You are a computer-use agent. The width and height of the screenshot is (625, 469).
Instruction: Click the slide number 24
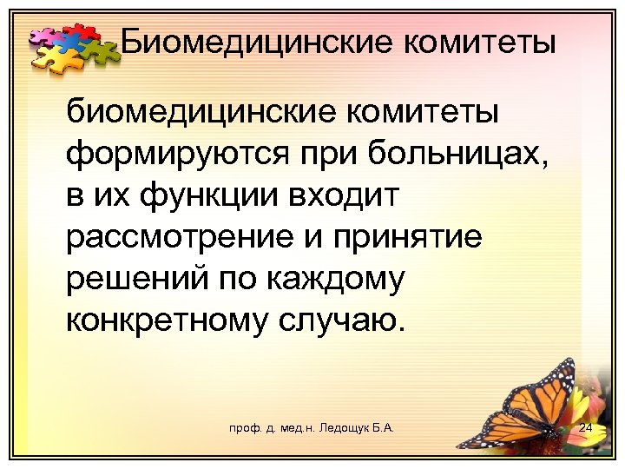click(585, 429)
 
